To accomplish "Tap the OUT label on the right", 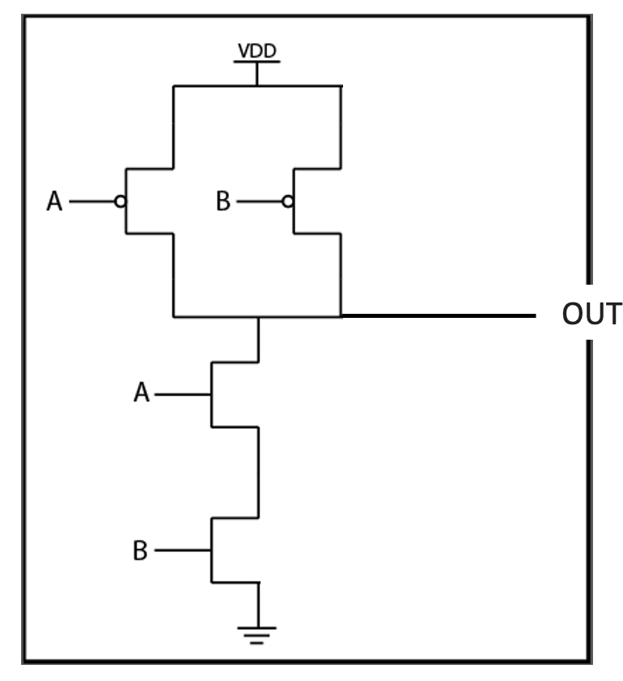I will point(593,315).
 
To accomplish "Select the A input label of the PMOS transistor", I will point(54,201).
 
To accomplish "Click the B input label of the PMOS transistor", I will point(223,201).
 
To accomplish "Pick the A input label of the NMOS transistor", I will point(141,395).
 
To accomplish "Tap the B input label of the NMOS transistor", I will point(141,553).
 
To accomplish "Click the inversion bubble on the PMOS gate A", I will point(121,201).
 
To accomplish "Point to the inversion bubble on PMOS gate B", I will point(288,201).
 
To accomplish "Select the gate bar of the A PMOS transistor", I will point(126,201).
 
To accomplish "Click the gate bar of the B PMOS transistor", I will point(294,201).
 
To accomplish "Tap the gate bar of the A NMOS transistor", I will point(211,395).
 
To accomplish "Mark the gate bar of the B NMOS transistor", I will point(211,552).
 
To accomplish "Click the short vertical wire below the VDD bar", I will point(257,74).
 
